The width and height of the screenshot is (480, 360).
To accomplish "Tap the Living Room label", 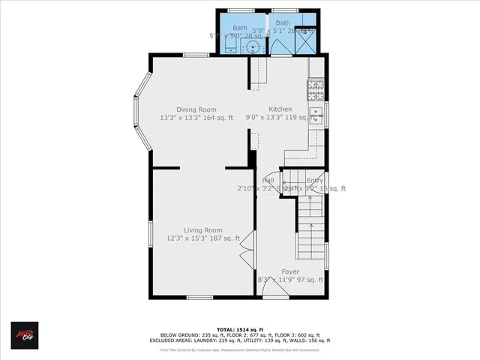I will coord(204,230).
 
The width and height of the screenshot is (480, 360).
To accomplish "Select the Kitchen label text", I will coord(280,109).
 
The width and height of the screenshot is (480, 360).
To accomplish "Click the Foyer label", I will coord(290,271).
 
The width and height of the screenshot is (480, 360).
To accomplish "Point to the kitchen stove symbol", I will coord(316,90).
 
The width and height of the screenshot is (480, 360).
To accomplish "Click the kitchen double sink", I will coord(316,116).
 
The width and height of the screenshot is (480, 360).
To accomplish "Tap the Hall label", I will coord(268,181).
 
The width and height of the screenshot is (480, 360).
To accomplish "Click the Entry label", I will coord(315,181).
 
